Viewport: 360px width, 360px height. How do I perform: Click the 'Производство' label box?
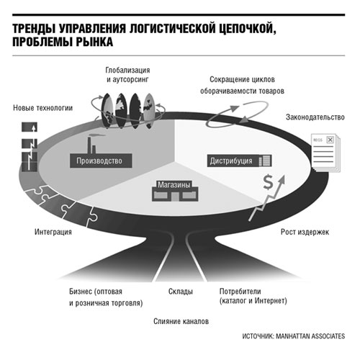tap(101, 161)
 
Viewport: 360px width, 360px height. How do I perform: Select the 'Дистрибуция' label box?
tap(239, 161)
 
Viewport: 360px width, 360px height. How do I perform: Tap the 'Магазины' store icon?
tap(175, 191)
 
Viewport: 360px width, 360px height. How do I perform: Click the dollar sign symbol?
tap(268, 182)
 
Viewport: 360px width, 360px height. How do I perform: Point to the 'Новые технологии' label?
tap(42, 108)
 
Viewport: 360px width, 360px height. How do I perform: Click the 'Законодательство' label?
tap(315, 117)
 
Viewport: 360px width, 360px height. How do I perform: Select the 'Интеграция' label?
tap(53, 232)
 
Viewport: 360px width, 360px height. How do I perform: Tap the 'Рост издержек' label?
tap(305, 232)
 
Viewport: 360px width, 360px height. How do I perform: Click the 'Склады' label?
tap(181, 292)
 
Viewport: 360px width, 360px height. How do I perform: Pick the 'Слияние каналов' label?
tap(181, 321)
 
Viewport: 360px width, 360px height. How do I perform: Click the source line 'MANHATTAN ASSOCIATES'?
tap(310, 336)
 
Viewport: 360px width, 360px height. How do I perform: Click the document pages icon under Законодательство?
tap(326, 153)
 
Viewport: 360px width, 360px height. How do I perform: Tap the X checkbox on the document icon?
tap(330, 140)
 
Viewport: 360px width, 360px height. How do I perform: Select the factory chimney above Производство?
tap(89, 145)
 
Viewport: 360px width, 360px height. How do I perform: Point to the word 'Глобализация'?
tap(127, 70)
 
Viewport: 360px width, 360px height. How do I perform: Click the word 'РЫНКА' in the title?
tap(94, 42)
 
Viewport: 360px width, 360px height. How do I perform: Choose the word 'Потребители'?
tap(240, 292)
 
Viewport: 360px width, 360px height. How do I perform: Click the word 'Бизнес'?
tap(81, 292)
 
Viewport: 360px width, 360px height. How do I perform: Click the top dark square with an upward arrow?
tap(30, 127)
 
